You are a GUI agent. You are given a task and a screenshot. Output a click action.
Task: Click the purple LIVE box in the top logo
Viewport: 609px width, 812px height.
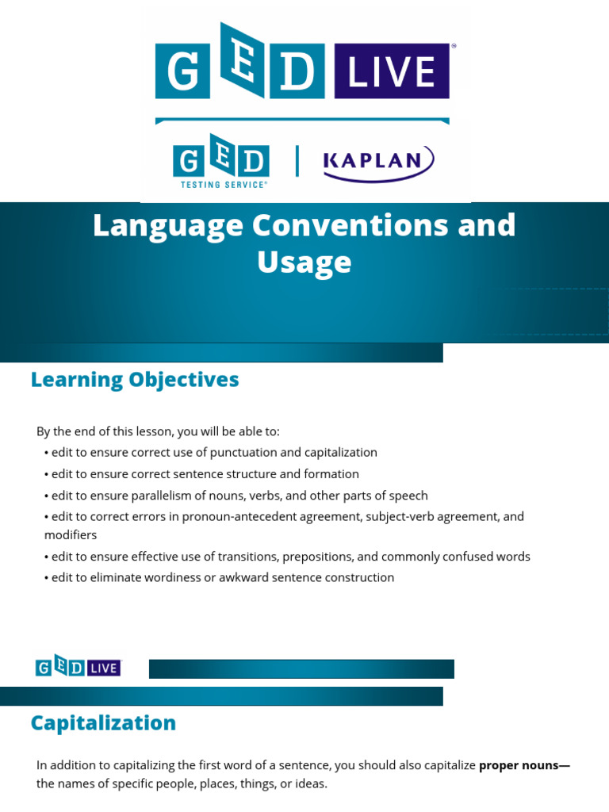[x=392, y=72]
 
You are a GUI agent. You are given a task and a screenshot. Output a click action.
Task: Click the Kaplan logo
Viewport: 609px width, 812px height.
[x=378, y=162]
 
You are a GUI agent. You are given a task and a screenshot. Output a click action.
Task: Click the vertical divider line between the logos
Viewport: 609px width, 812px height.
[x=297, y=161]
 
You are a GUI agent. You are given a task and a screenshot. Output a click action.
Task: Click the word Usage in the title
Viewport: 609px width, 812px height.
[x=304, y=262]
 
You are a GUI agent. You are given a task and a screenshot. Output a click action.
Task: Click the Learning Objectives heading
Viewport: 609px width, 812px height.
[x=135, y=380]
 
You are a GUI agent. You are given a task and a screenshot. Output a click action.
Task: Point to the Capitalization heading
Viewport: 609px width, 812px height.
[x=103, y=723]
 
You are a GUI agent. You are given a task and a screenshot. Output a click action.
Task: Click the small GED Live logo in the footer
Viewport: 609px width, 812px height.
[x=78, y=668]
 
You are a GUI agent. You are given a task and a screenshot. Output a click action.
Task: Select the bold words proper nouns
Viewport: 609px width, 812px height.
[x=523, y=765]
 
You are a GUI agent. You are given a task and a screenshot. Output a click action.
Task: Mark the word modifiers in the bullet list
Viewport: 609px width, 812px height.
[x=71, y=535]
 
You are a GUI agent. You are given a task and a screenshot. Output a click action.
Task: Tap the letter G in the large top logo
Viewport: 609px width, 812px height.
[x=183, y=72]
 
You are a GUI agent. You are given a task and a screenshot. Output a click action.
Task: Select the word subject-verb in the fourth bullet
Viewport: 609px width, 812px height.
[x=410, y=516]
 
